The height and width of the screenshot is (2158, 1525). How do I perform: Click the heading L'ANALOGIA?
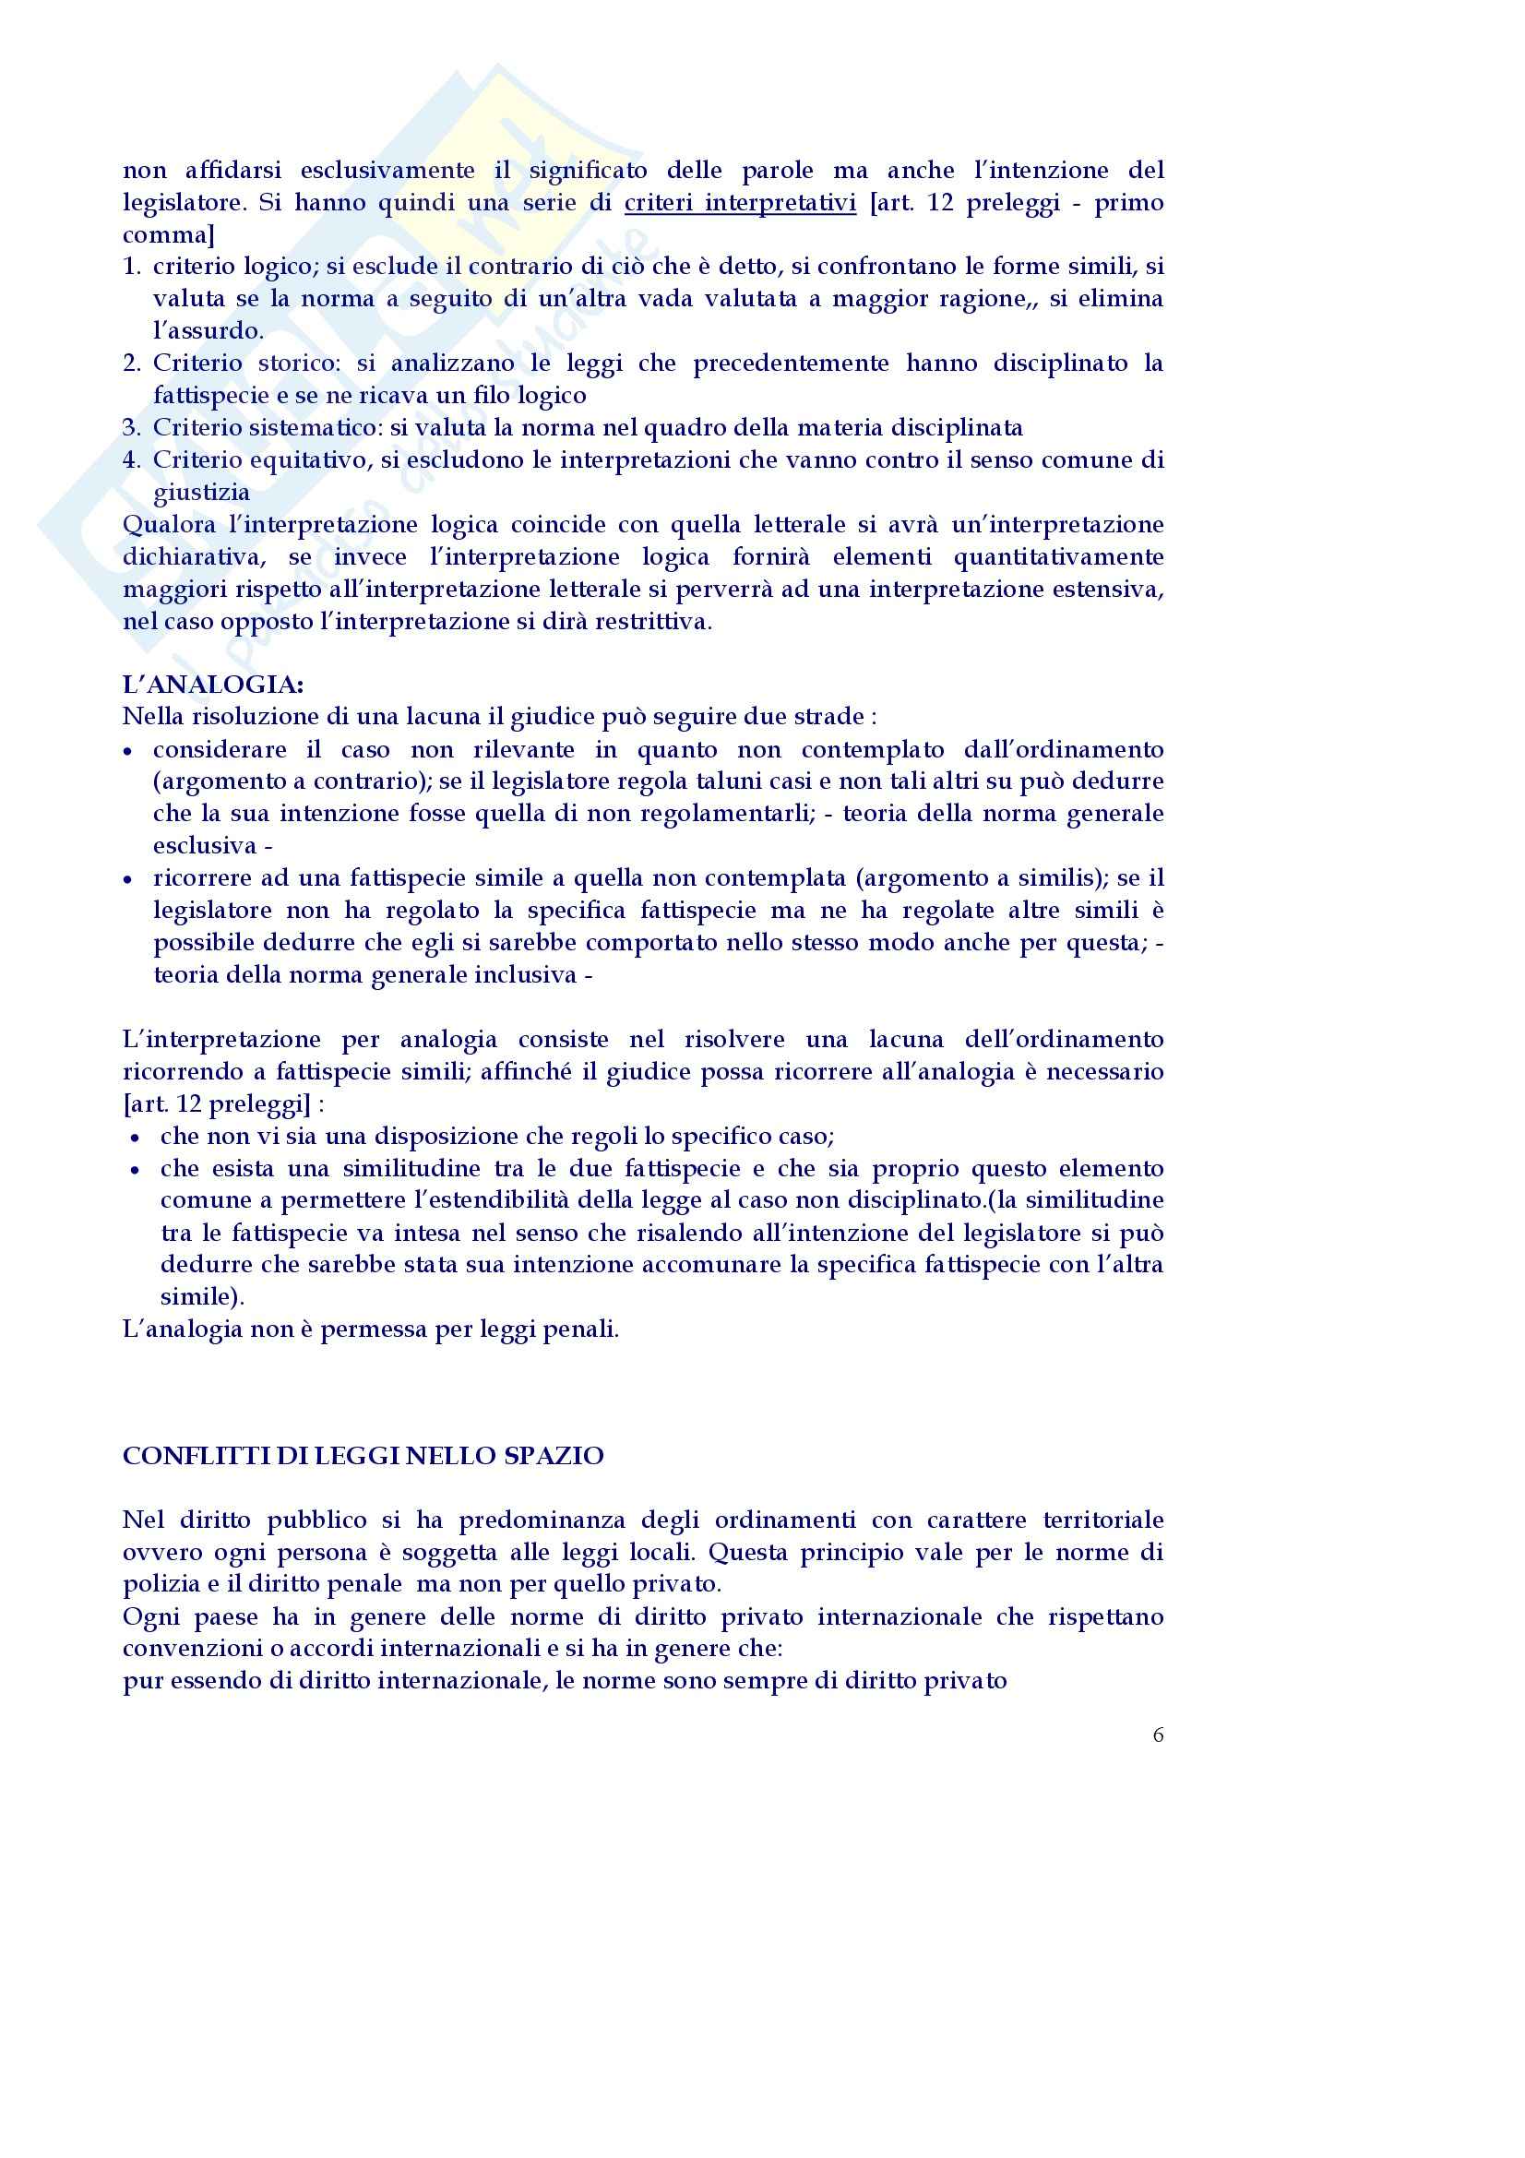click(213, 684)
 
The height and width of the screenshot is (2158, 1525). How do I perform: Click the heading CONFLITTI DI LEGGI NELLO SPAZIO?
click(363, 1455)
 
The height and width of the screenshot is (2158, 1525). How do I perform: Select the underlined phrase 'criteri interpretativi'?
click(741, 203)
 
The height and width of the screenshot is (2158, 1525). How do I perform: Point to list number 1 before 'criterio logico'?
click(132, 267)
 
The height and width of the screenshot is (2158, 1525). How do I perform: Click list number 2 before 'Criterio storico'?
click(132, 364)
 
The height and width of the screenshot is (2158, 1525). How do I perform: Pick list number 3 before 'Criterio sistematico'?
click(132, 429)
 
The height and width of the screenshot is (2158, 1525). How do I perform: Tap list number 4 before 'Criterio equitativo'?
click(132, 460)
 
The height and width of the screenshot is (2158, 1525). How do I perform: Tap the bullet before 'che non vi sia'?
click(137, 1139)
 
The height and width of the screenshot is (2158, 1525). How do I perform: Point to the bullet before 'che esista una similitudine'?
click(137, 1170)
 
